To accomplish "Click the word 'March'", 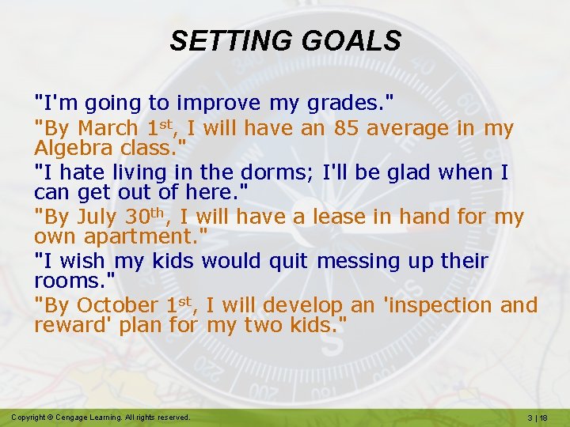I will pos(110,128).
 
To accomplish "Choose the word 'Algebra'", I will pos(77,147).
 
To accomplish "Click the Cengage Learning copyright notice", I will pos(101,417).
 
